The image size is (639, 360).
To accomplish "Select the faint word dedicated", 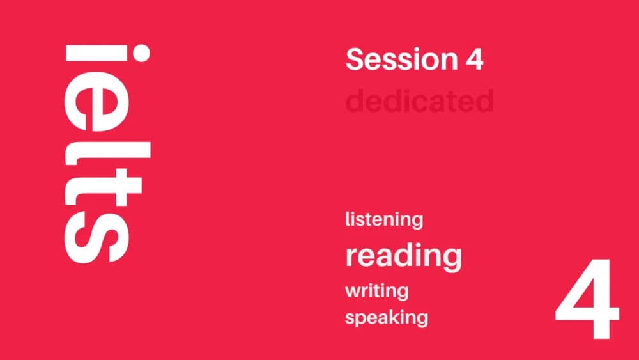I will [x=419, y=100].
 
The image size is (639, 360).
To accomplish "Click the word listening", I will [x=384, y=220].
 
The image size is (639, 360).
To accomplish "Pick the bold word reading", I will [x=403, y=256].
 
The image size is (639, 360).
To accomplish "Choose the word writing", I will [x=376, y=291].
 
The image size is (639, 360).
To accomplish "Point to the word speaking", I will [x=386, y=317].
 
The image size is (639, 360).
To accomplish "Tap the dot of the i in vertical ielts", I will [x=139, y=54].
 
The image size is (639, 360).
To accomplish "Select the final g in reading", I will [x=451, y=258].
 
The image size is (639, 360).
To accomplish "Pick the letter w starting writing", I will [x=353, y=292].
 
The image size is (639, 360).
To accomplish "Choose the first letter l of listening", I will [x=348, y=219].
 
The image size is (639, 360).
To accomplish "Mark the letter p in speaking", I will [x=362, y=319].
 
